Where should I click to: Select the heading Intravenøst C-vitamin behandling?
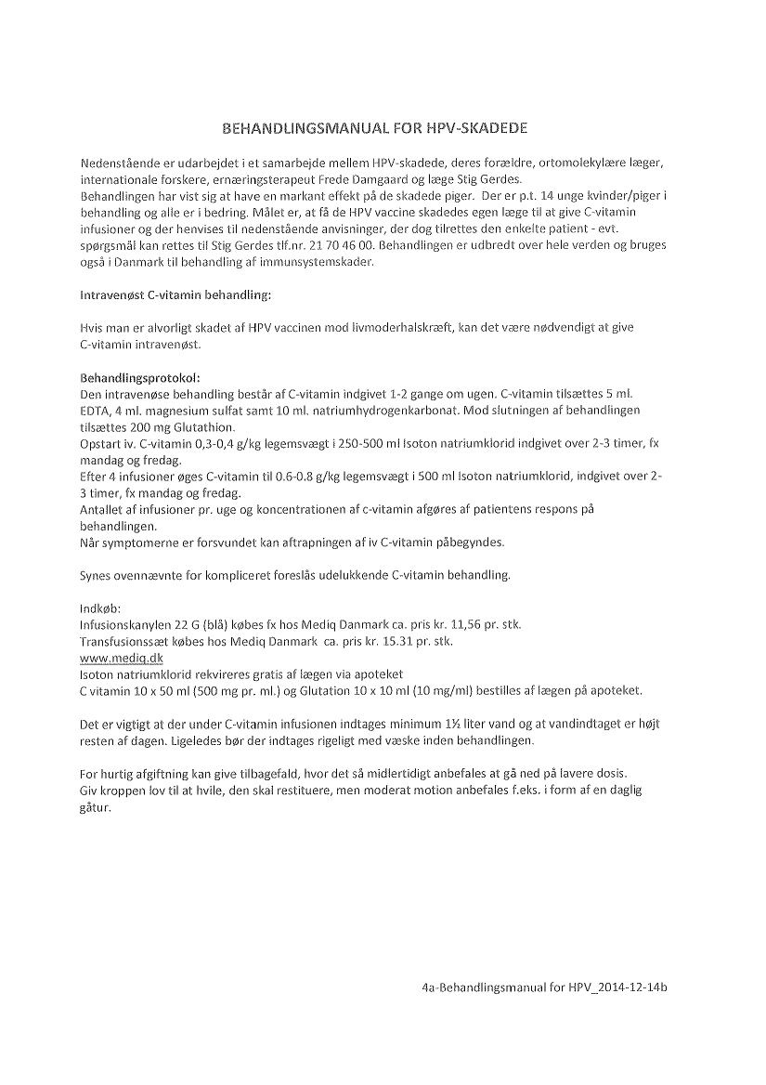point(175,295)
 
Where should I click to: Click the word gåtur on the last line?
point(96,807)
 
